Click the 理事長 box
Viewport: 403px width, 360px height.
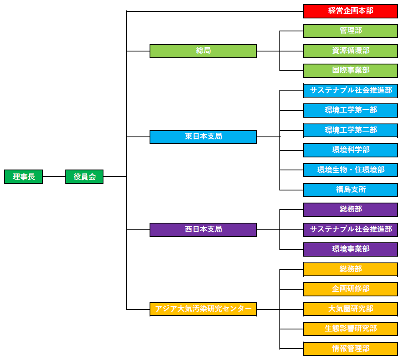pos(23,177)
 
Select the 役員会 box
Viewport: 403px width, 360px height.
pos(84,177)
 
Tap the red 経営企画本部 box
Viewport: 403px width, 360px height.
pos(350,11)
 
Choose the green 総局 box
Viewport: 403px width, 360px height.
pos(203,51)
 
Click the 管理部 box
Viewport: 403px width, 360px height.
pos(350,31)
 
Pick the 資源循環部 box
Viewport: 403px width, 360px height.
pos(350,51)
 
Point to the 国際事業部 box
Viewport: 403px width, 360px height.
pos(350,71)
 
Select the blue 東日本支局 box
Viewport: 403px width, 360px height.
pos(203,137)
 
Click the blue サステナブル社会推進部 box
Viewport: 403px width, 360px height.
pos(350,90)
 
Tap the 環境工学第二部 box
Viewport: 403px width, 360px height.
pos(350,130)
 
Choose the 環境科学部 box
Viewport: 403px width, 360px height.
pos(350,150)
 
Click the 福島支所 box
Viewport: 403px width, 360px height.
pos(350,190)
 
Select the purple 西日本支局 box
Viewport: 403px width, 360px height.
pos(203,230)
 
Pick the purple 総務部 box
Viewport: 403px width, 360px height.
pos(350,210)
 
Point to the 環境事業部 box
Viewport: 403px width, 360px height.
pos(350,249)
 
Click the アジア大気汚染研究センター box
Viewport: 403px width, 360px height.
pos(203,309)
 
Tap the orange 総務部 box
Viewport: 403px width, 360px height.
pos(350,269)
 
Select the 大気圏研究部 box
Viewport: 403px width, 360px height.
pos(350,309)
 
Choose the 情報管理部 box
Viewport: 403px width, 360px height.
pos(350,349)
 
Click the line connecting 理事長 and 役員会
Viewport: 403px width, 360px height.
pos(54,177)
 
